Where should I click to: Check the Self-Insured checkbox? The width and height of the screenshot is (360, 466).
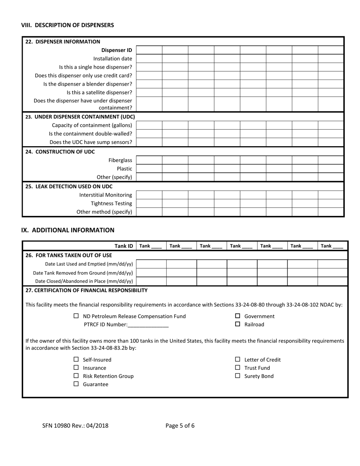(x=76, y=360)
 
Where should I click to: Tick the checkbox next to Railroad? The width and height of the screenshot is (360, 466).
(x=238, y=324)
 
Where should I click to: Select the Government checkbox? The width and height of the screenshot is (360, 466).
(x=238, y=316)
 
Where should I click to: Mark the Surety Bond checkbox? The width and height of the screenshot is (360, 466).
(x=238, y=376)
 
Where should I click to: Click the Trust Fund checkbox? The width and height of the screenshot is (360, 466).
(x=238, y=368)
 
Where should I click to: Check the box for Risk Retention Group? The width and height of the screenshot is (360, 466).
(x=76, y=376)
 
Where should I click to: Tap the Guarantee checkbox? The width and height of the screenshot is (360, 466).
(x=76, y=384)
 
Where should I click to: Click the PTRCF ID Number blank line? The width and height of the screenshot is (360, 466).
(x=148, y=325)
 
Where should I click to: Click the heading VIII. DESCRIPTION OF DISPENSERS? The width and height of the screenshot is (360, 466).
(x=67, y=25)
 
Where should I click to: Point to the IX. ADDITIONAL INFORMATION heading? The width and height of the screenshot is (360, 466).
(x=67, y=230)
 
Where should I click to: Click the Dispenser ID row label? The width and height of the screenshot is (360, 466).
(x=116, y=50)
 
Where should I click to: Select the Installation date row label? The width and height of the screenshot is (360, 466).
(x=113, y=59)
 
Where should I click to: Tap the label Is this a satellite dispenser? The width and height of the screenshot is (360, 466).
(x=99, y=92)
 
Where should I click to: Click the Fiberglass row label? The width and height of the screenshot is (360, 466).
(x=120, y=160)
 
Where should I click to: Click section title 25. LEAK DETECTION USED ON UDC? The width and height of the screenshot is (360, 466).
(x=69, y=186)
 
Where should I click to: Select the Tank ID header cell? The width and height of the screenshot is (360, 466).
(x=124, y=246)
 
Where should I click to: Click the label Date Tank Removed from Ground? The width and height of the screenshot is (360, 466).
(x=83, y=273)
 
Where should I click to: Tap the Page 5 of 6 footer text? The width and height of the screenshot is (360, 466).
(x=180, y=425)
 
